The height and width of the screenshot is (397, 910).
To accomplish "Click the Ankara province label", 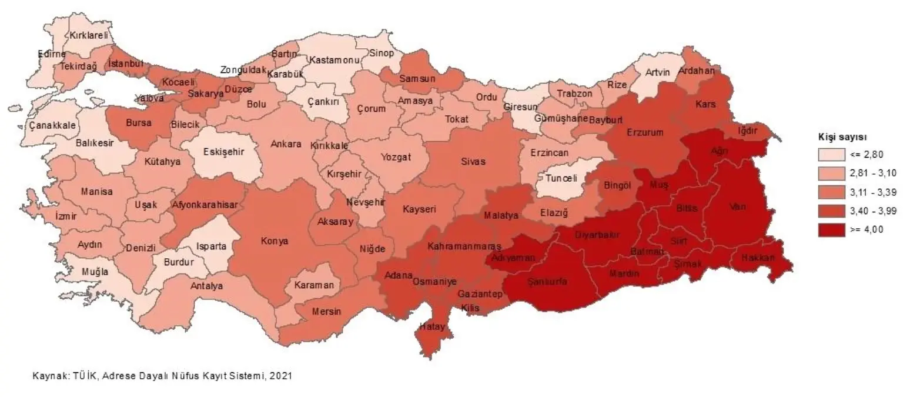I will coord(286,144).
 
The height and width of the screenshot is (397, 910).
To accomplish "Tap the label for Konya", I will coord(272,241).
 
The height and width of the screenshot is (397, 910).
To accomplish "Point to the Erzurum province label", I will coord(644,132).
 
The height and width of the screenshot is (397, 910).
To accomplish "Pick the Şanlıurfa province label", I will coord(547,282).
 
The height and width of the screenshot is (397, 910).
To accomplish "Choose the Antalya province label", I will coord(206,286).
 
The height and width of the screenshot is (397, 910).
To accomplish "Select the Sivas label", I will coord(473,161).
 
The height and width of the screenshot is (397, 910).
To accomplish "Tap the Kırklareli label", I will coord(89,35).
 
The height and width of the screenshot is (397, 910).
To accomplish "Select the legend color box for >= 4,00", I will coord(829,230).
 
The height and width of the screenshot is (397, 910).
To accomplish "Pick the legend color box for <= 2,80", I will coord(829,155).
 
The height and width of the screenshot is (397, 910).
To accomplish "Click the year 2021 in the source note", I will coord(281,375).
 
